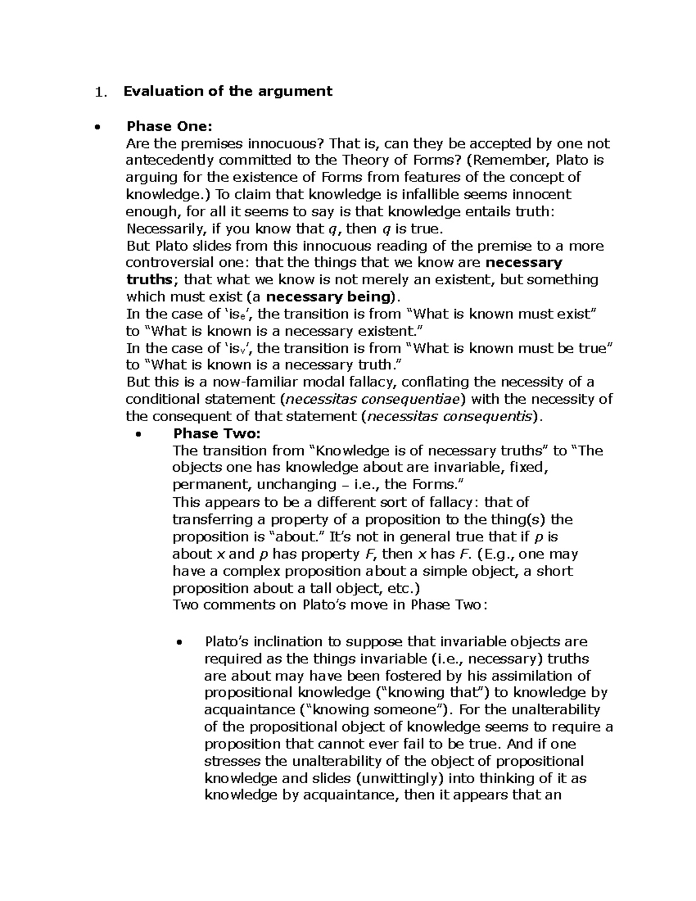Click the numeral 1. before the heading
click(x=101, y=92)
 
